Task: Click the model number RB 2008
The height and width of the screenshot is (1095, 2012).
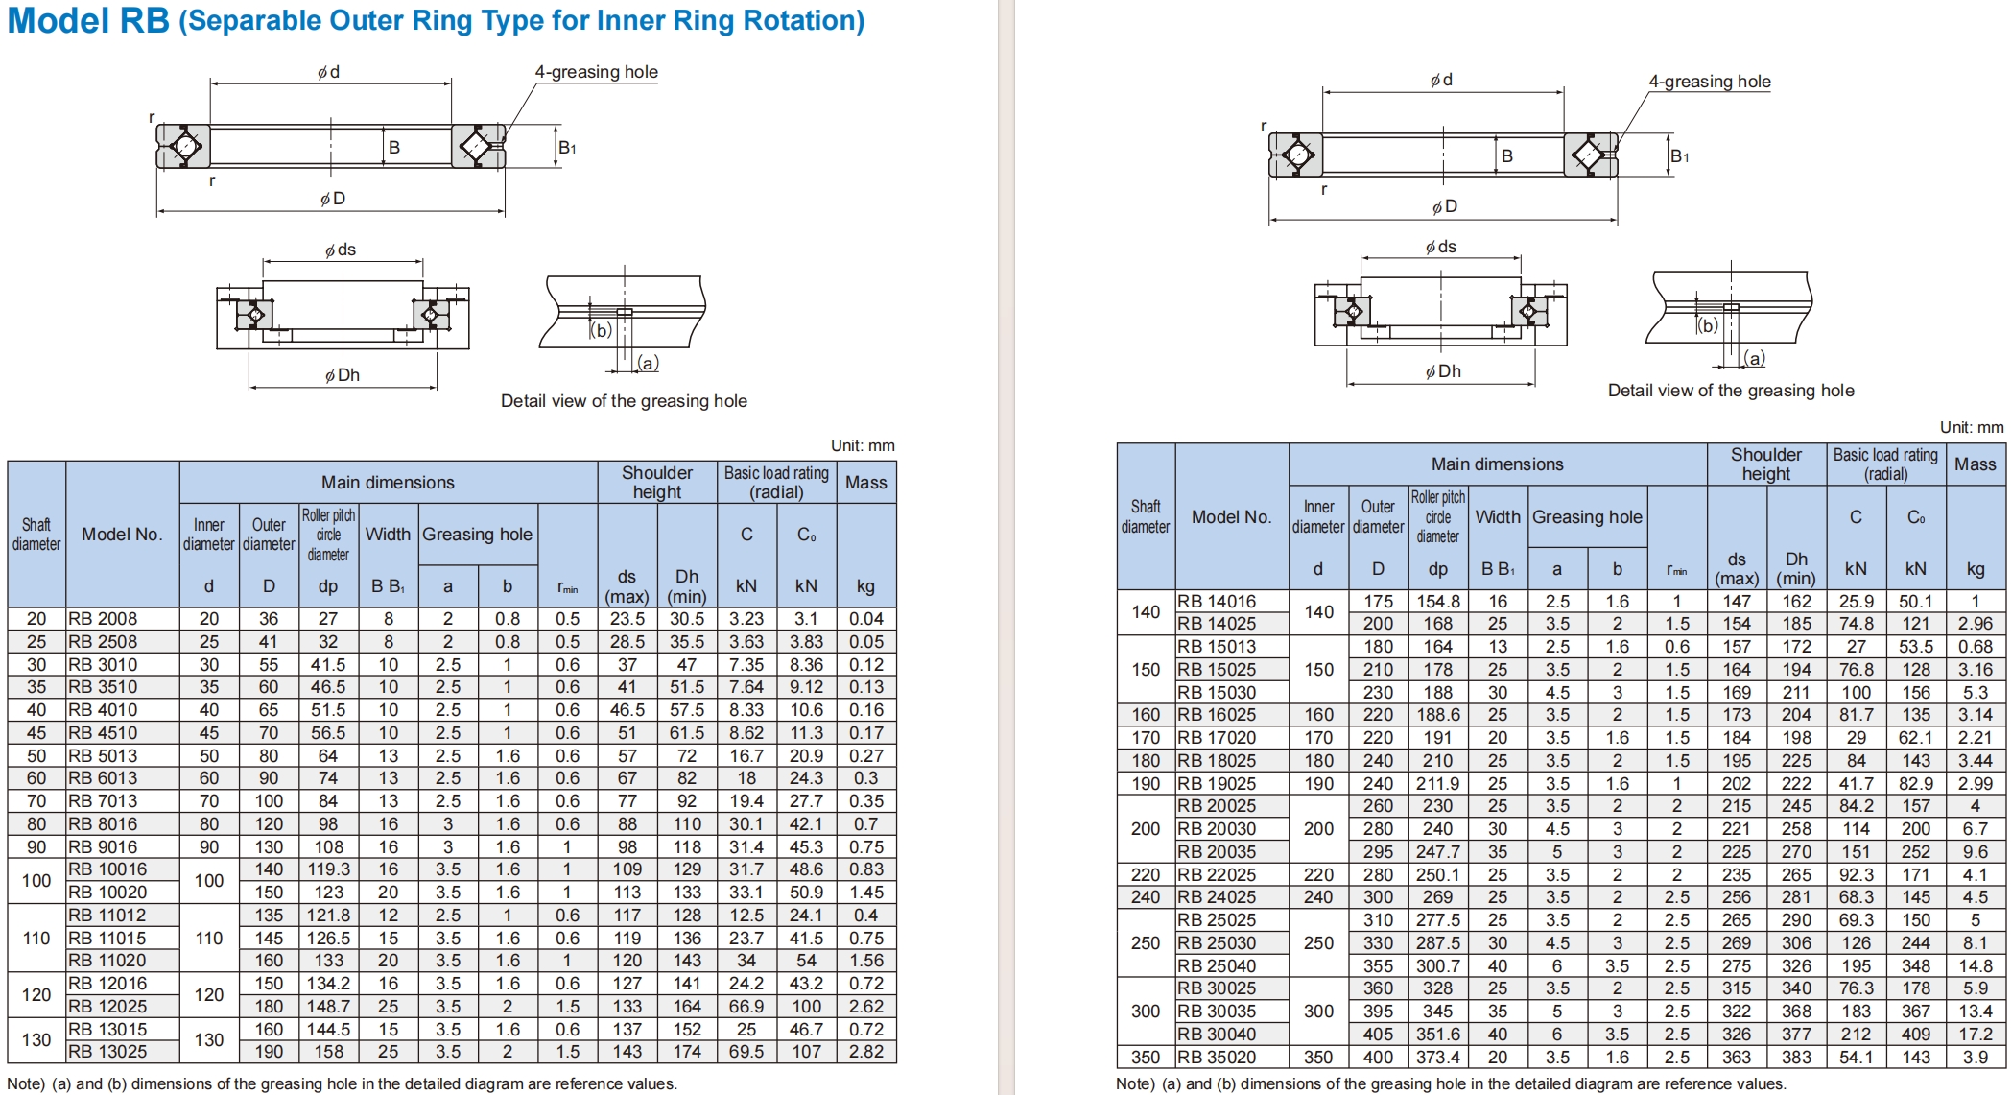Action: point(103,619)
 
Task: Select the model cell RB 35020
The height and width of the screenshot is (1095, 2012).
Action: point(1216,1058)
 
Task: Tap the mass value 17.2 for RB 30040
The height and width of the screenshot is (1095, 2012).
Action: point(1975,1035)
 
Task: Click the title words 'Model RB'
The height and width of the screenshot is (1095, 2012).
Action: point(88,21)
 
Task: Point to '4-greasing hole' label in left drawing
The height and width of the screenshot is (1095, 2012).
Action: point(596,72)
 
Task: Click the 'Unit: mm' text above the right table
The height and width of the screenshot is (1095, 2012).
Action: point(1971,427)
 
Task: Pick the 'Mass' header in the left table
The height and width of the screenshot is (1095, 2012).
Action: point(865,483)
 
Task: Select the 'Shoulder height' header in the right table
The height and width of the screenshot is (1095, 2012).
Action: point(1765,464)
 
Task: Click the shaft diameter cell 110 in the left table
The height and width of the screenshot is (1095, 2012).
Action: point(36,939)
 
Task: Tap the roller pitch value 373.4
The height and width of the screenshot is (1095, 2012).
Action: point(1437,1058)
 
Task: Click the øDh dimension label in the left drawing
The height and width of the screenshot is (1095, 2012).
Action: point(343,375)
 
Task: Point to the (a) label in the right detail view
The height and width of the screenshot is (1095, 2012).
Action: point(1754,359)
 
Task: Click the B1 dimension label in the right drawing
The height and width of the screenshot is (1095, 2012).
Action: point(1679,156)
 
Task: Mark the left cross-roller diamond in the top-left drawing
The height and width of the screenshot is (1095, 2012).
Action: point(186,147)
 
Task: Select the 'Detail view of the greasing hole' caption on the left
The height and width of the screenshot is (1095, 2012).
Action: point(624,401)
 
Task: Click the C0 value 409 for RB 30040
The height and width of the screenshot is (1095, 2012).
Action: point(1915,1035)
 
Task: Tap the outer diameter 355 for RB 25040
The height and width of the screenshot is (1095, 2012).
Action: point(1378,966)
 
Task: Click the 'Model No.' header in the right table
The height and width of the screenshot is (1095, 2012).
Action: point(1231,517)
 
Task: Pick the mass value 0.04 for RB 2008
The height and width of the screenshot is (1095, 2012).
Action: point(865,619)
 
